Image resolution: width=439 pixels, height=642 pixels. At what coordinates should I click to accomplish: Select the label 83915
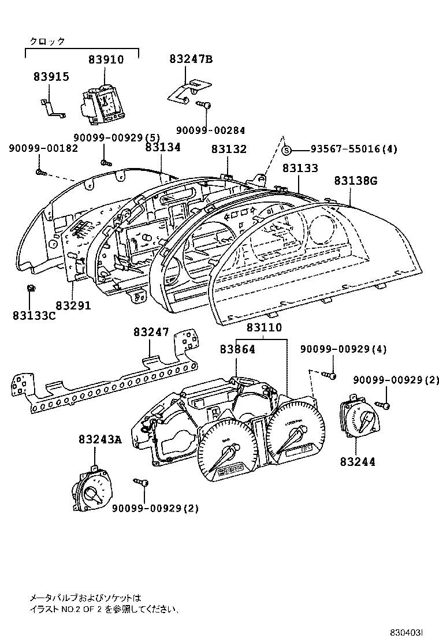[51, 77]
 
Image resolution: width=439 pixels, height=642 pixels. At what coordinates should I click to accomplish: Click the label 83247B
[191, 59]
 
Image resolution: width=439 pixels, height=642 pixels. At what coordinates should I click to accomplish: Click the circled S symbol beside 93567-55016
[287, 150]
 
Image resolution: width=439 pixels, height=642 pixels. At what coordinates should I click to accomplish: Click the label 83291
[73, 304]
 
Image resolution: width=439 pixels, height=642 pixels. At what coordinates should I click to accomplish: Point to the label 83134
[163, 148]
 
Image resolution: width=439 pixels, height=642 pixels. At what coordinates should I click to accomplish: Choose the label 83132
[228, 150]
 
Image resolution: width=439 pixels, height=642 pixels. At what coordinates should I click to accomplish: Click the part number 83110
[264, 328]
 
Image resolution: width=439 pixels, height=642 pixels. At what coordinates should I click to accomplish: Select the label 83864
[237, 349]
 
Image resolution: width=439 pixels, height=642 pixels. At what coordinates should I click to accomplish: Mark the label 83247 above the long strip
[151, 333]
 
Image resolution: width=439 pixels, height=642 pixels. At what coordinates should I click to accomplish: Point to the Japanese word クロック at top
[47, 41]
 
